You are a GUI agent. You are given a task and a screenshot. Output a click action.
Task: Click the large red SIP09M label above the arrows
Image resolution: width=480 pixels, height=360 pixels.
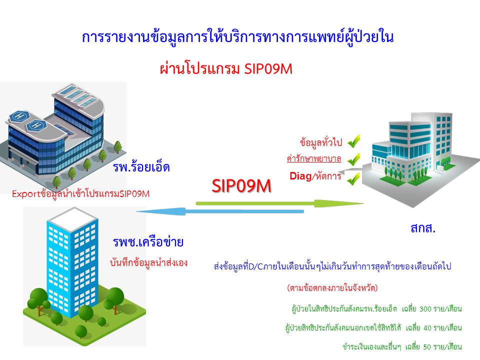[241, 186]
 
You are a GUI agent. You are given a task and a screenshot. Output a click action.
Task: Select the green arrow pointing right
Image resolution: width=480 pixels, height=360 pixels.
[280, 203]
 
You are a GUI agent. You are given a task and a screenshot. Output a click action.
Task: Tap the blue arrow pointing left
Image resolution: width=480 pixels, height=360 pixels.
[220, 211]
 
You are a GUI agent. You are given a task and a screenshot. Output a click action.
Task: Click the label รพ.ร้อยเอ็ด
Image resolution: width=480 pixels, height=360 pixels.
[141, 167]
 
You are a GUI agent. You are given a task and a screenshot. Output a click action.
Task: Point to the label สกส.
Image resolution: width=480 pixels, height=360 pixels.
[423, 228]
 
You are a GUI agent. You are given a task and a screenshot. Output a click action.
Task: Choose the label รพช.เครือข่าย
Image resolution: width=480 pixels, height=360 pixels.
[148, 242]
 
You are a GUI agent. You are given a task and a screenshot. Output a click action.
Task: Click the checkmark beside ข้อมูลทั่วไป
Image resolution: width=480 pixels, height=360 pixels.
[354, 141]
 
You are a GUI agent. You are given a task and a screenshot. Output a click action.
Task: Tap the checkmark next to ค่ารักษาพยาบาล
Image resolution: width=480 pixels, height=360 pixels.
[354, 159]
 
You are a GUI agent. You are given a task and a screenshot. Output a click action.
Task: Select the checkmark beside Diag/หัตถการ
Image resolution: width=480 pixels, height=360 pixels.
[353, 179]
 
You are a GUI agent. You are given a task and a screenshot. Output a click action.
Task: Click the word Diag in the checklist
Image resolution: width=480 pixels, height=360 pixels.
[300, 176]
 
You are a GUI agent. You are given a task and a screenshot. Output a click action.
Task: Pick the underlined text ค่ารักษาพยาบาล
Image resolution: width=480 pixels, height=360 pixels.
[314, 158]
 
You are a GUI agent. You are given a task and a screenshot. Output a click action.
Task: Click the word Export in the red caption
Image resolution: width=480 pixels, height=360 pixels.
[26, 194]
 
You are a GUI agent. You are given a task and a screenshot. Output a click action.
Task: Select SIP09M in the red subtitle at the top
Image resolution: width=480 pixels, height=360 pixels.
[268, 69]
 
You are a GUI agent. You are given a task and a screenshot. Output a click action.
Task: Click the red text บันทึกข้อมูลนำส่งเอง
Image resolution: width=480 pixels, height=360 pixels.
[149, 262]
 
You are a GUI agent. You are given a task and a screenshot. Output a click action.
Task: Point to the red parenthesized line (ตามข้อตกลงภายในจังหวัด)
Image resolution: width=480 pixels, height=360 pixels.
[332, 288]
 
